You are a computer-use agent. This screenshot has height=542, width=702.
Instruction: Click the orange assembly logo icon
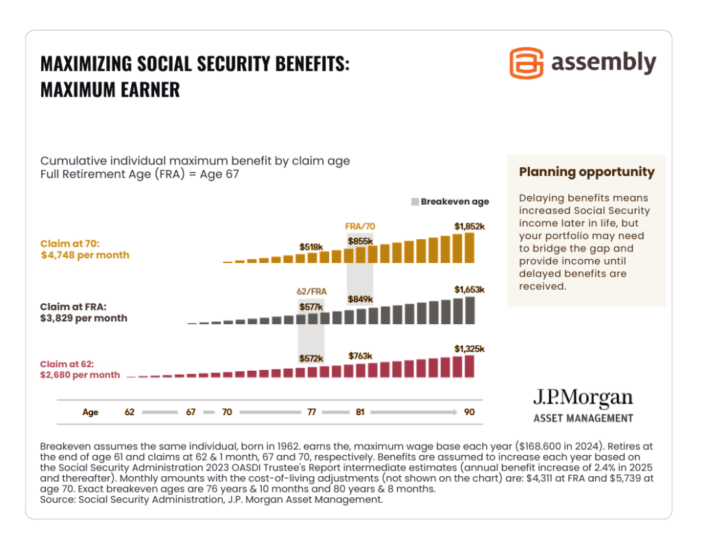point(526,64)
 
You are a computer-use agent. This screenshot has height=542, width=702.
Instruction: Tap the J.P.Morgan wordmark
point(583,399)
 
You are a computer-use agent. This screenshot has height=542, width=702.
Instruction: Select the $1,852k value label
point(469,225)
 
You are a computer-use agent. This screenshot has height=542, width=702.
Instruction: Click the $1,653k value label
point(469,290)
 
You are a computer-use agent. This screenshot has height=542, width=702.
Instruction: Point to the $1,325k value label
point(469,349)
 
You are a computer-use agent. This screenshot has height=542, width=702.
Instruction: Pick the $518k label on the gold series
point(311,246)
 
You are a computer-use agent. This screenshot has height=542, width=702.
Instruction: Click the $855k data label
point(360,241)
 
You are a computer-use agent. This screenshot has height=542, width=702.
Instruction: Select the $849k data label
point(360,299)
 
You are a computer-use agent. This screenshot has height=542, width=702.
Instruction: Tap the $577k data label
point(311,307)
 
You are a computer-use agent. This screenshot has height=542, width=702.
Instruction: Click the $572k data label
point(311,358)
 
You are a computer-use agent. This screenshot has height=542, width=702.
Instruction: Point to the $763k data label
point(360,356)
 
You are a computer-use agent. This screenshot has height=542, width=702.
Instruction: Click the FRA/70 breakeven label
point(360,225)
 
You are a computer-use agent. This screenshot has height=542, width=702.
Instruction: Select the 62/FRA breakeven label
point(311,291)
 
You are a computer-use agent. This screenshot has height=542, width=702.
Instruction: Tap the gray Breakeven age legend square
point(415,201)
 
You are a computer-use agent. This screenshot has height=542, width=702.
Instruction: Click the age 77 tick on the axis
point(311,412)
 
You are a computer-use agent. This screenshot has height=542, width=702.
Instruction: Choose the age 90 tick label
point(468,412)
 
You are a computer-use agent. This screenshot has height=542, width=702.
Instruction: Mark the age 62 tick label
point(130,412)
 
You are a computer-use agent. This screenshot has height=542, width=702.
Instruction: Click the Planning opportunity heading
point(586,172)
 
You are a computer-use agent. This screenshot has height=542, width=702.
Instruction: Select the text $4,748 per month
point(85,255)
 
